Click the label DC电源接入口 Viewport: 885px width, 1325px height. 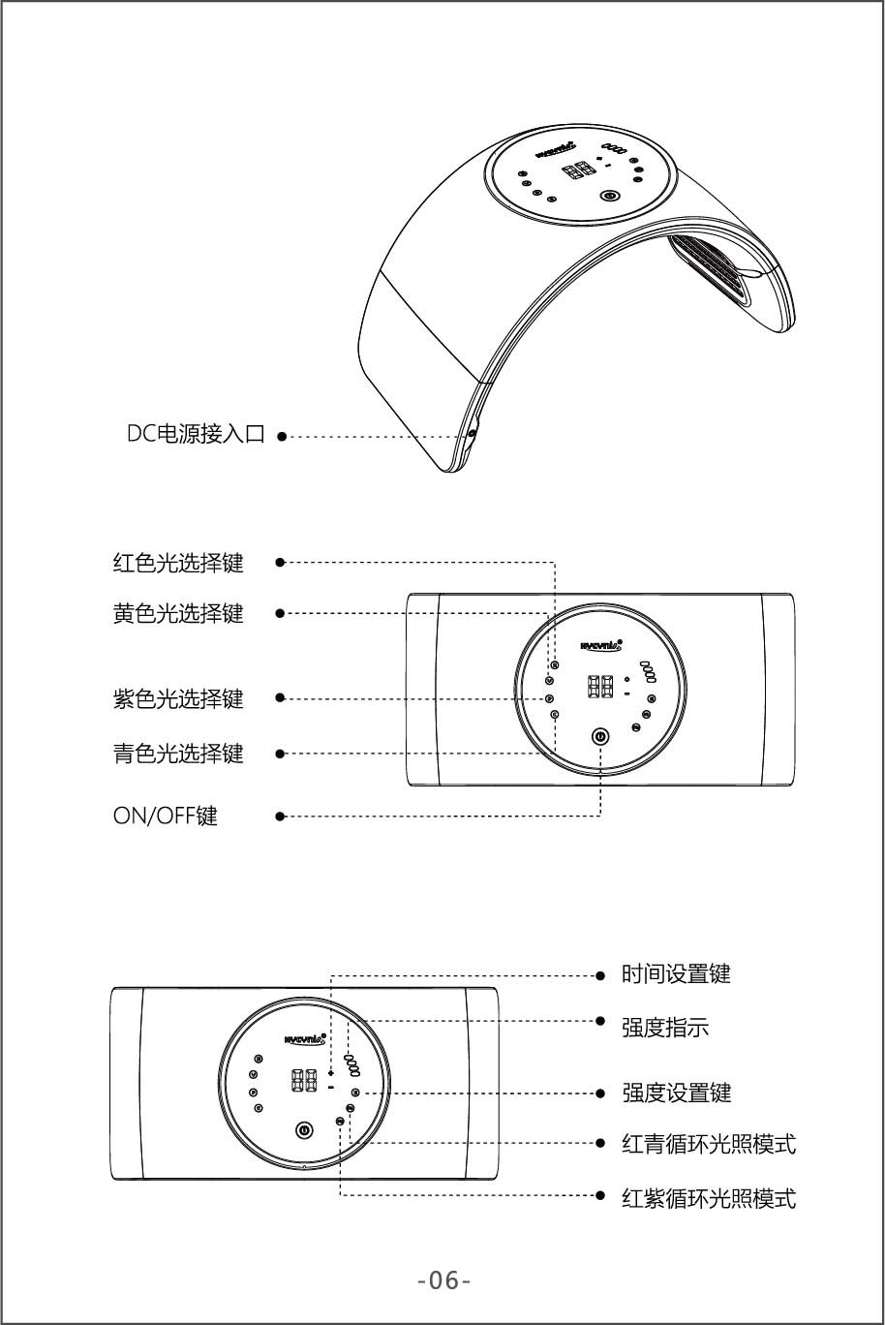pos(196,435)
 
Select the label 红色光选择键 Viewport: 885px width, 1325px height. pos(178,562)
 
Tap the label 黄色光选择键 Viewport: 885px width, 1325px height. pos(178,613)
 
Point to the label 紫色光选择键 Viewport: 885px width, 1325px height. pos(178,697)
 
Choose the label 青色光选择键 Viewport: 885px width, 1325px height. pos(178,753)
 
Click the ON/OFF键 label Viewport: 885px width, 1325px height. pos(166,816)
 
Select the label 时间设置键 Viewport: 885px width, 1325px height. pos(676,974)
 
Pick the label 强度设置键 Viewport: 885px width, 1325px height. pos(676,1093)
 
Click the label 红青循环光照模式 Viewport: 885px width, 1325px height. pos(709,1144)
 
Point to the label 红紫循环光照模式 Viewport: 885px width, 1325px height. pos(709,1199)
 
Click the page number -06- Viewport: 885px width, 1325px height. pos(443,1280)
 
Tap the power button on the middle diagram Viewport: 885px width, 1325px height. pos(600,737)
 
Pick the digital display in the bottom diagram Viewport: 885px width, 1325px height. pos(305,1081)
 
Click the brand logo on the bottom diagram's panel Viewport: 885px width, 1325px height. pos(305,1038)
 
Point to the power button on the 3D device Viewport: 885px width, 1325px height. pos(609,196)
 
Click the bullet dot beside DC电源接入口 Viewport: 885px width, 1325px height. pos(281,436)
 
